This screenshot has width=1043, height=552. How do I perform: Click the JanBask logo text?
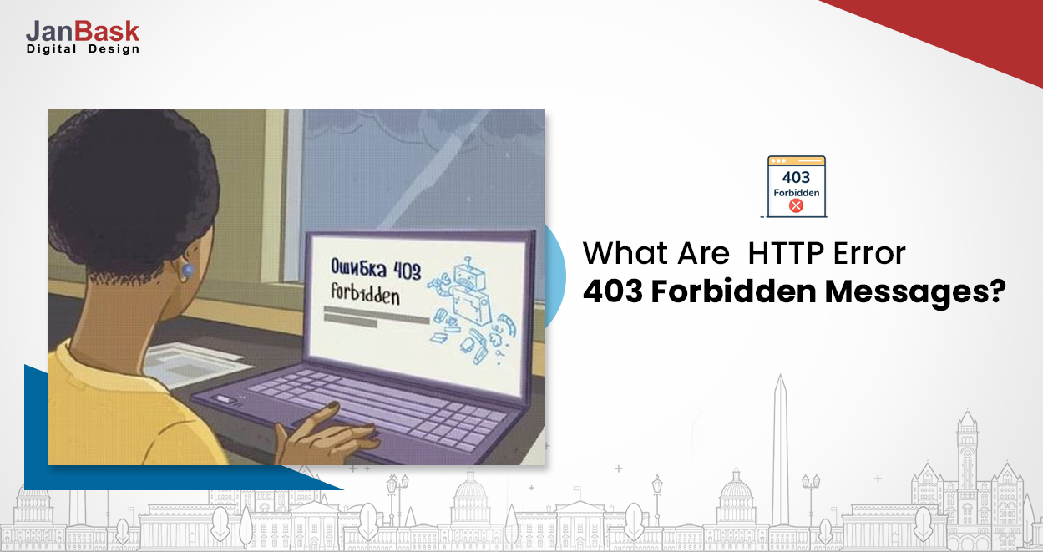click(82, 31)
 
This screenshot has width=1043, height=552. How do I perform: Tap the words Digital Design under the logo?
click(82, 49)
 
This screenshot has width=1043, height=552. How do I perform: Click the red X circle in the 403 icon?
click(796, 205)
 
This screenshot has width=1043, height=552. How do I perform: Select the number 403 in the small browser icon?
click(796, 177)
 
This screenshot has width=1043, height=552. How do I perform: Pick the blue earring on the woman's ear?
click(187, 270)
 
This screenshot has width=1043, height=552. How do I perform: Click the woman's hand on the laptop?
click(330, 434)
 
